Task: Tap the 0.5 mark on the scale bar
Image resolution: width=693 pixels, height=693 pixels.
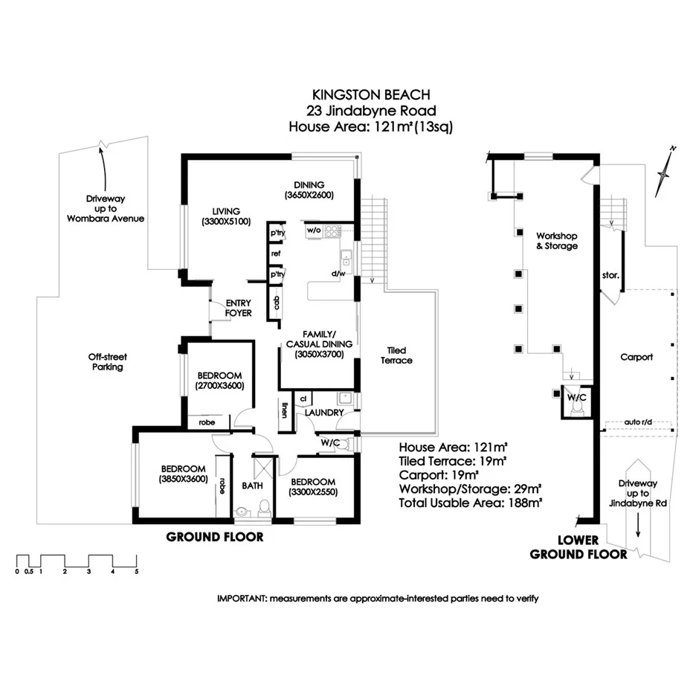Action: (x=29, y=572)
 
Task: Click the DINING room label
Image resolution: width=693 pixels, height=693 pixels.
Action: (x=309, y=184)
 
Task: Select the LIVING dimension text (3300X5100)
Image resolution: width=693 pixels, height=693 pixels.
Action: (x=226, y=222)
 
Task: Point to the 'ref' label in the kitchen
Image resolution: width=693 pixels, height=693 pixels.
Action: (x=276, y=254)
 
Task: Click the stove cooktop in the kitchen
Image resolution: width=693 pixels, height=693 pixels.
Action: (x=332, y=231)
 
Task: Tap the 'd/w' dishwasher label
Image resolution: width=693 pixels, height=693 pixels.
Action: (x=338, y=274)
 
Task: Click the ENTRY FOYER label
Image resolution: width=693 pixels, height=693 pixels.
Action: (x=238, y=308)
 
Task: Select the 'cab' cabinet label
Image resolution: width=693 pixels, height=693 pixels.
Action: (x=277, y=303)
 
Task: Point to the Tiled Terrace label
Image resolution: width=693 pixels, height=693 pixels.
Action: (x=396, y=355)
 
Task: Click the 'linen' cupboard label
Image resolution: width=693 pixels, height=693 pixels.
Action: (x=284, y=410)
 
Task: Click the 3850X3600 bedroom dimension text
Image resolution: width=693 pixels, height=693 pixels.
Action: (x=183, y=479)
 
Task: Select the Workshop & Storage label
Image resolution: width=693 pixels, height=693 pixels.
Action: (x=557, y=241)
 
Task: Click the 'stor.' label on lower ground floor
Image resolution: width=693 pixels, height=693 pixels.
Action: (x=610, y=275)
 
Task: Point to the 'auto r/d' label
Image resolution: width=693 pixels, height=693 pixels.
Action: (x=638, y=422)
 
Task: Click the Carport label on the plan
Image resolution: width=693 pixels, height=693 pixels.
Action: (x=636, y=357)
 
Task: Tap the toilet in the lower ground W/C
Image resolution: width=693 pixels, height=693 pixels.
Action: (x=576, y=410)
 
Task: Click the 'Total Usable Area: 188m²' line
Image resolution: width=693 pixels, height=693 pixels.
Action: (x=470, y=503)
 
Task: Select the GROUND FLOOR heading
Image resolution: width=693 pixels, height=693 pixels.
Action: (x=215, y=537)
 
